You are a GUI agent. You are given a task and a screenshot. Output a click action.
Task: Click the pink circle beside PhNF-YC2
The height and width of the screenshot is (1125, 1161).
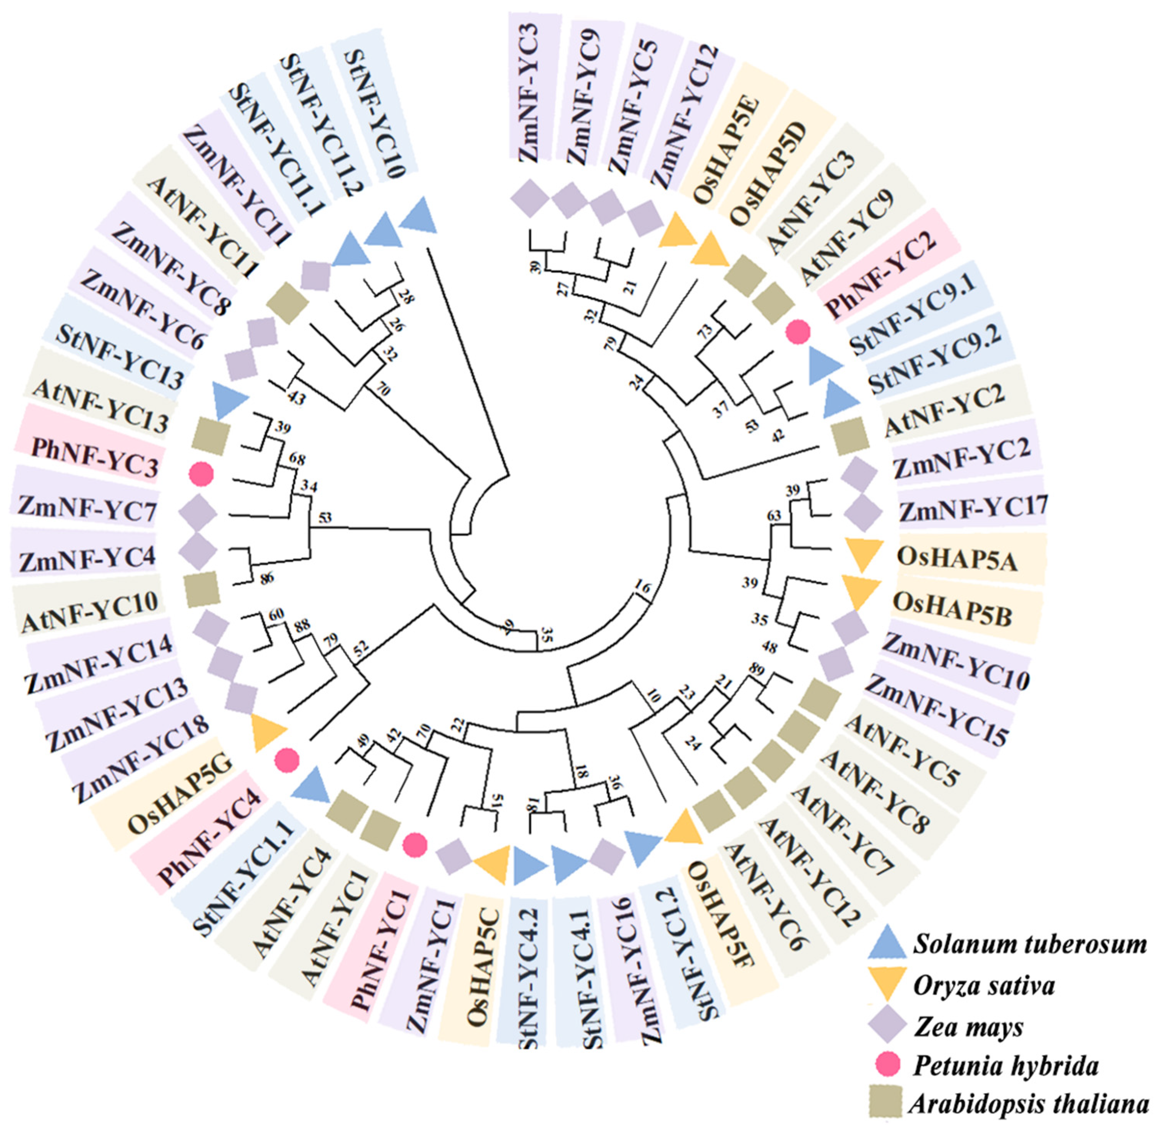coord(798,332)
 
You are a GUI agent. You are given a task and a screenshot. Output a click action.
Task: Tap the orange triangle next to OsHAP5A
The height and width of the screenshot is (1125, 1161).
coord(861,548)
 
